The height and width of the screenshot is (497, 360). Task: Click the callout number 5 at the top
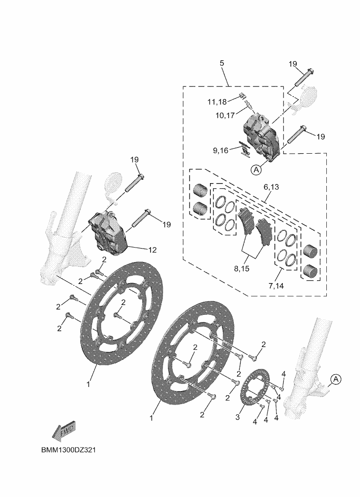[222, 63]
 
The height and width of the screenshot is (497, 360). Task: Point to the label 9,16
[220, 150]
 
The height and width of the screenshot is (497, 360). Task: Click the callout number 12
[152, 250]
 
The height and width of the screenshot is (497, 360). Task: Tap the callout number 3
[238, 417]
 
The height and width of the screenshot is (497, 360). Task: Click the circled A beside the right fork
[336, 379]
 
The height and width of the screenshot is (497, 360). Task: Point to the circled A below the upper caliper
[256, 170]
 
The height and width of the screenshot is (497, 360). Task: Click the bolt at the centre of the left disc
[118, 316]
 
